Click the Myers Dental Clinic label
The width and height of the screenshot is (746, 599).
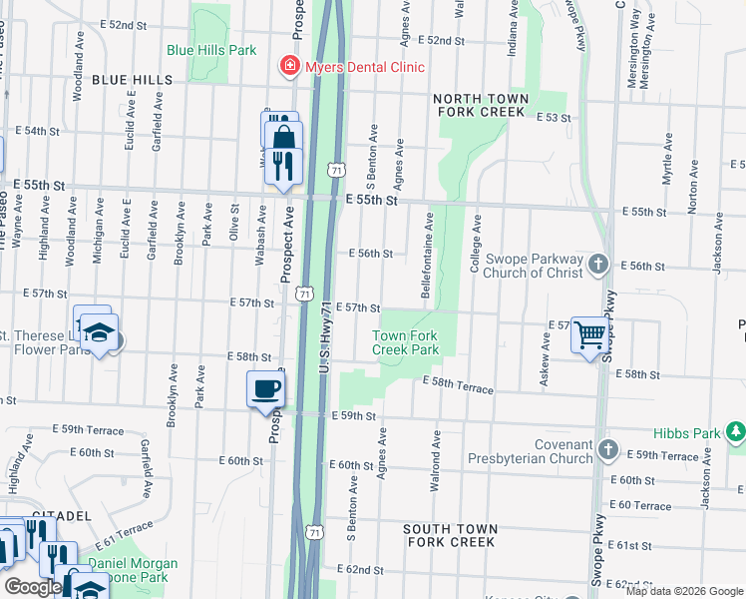365,67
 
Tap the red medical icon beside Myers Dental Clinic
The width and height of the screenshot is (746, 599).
290,66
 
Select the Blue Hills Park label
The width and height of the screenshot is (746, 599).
211,50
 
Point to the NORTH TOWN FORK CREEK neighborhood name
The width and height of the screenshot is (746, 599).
479,105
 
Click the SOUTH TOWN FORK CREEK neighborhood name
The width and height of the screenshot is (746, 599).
449,535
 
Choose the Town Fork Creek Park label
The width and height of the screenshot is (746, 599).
406,343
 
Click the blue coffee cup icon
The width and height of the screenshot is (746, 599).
265,387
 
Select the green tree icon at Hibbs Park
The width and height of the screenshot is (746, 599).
735,431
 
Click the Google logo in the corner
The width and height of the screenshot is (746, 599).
32,587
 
